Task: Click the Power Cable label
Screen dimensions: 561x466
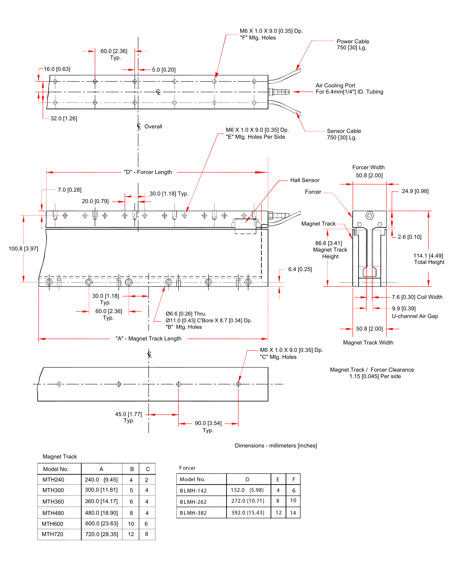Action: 352,44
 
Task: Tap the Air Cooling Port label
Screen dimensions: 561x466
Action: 349,88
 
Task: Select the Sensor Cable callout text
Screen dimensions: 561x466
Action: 344,134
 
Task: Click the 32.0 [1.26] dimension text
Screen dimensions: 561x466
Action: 64,118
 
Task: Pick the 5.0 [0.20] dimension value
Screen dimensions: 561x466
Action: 164,70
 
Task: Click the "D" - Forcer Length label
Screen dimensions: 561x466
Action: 148,172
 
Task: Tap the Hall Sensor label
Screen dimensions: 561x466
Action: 305,180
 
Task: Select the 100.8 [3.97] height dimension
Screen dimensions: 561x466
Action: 23,248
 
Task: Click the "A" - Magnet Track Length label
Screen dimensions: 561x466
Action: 148,338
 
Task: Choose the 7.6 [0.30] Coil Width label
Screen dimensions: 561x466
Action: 417,297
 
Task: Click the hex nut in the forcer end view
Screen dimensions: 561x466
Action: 369,215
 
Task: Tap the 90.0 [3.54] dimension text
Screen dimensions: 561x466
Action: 208,423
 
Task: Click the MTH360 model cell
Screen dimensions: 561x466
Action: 53,502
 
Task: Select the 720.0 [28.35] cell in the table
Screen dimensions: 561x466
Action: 102,534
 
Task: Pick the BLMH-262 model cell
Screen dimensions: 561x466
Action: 193,502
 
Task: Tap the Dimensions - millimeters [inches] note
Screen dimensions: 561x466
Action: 276,446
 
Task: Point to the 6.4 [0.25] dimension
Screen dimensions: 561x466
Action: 300,269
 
